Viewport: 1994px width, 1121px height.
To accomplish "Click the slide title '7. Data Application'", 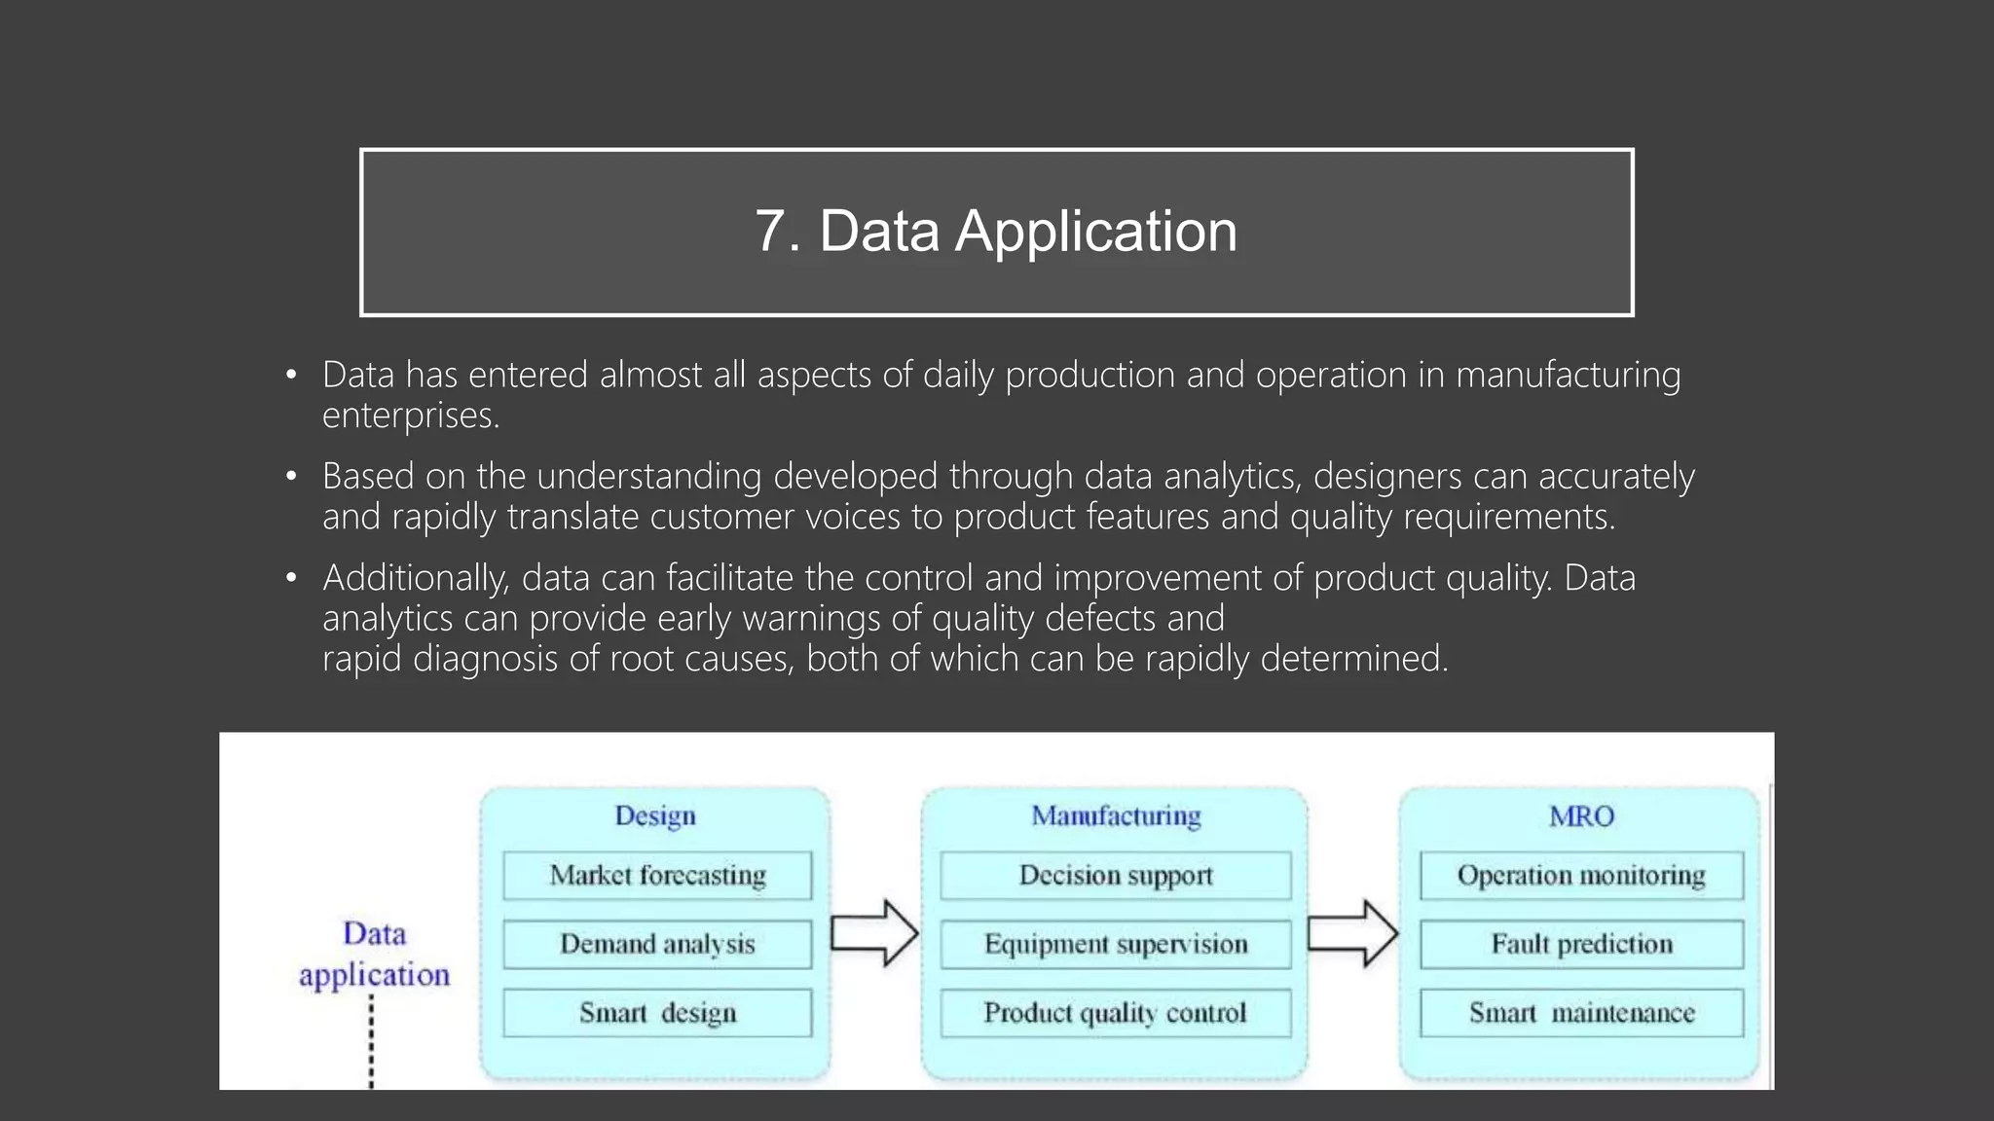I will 996,232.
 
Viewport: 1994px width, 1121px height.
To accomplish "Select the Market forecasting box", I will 657,875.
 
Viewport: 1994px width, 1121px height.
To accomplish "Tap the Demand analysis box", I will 657,944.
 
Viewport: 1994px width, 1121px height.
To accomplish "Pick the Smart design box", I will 657,1013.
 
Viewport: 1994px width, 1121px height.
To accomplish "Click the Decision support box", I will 1116,875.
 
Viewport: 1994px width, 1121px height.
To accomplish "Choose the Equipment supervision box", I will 1116,944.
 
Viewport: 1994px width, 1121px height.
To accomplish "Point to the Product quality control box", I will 1116,1013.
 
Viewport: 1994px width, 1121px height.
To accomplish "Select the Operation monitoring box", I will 1581,875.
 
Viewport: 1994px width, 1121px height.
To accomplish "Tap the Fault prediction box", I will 1581,944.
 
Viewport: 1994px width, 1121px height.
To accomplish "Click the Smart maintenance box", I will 1581,1013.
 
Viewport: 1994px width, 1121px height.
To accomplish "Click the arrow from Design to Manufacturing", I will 874,933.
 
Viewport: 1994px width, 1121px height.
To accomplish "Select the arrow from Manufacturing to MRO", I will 1352,933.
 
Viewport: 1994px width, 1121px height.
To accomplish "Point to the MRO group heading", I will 1581,815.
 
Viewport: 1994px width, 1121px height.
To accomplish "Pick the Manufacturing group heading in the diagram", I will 1116,815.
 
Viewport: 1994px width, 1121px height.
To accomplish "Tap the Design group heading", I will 655,815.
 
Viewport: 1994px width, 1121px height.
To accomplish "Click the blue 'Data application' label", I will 375,954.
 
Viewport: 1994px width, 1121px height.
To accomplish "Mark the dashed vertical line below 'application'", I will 371,1041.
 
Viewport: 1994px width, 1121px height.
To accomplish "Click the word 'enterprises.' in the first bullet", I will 411,416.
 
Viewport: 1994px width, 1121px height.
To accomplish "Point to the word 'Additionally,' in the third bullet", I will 416,578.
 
